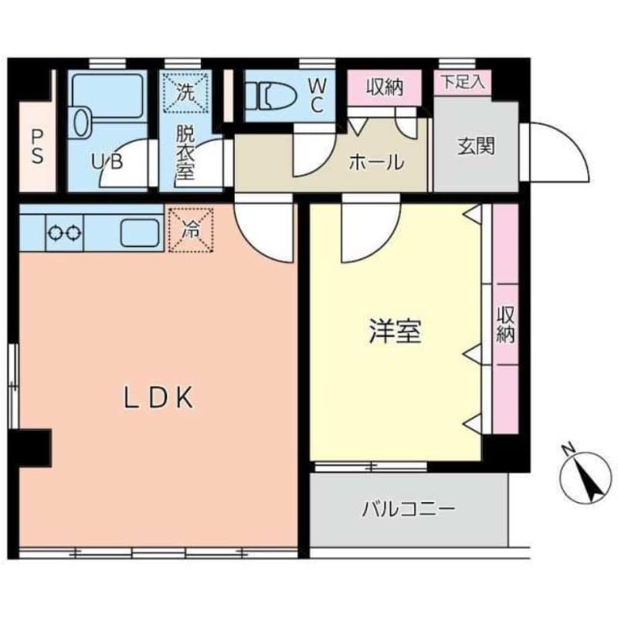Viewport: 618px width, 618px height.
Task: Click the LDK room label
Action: click(158, 397)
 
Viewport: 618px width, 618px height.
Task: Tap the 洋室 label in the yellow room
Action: click(396, 331)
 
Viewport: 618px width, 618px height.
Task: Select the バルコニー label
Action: click(409, 509)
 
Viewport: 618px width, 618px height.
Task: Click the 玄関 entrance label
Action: click(476, 146)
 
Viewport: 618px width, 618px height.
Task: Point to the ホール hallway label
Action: click(376, 161)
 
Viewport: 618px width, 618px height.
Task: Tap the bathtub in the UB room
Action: click(107, 96)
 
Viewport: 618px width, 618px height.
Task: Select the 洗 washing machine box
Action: click(185, 92)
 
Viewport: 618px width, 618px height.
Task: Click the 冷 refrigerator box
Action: click(191, 229)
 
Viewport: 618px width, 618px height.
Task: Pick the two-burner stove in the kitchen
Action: click(65, 233)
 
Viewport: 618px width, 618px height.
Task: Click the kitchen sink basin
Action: click(140, 233)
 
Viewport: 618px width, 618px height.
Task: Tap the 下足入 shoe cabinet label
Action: click(462, 82)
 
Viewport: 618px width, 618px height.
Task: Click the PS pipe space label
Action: click(37, 147)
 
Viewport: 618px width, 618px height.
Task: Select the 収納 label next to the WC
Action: click(385, 87)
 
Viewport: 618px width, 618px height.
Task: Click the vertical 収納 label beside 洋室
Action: click(506, 324)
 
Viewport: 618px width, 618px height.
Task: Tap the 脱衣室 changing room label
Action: click(185, 151)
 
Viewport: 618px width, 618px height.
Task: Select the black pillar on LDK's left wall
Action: click(30, 448)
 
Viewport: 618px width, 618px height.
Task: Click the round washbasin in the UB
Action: click(80, 123)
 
